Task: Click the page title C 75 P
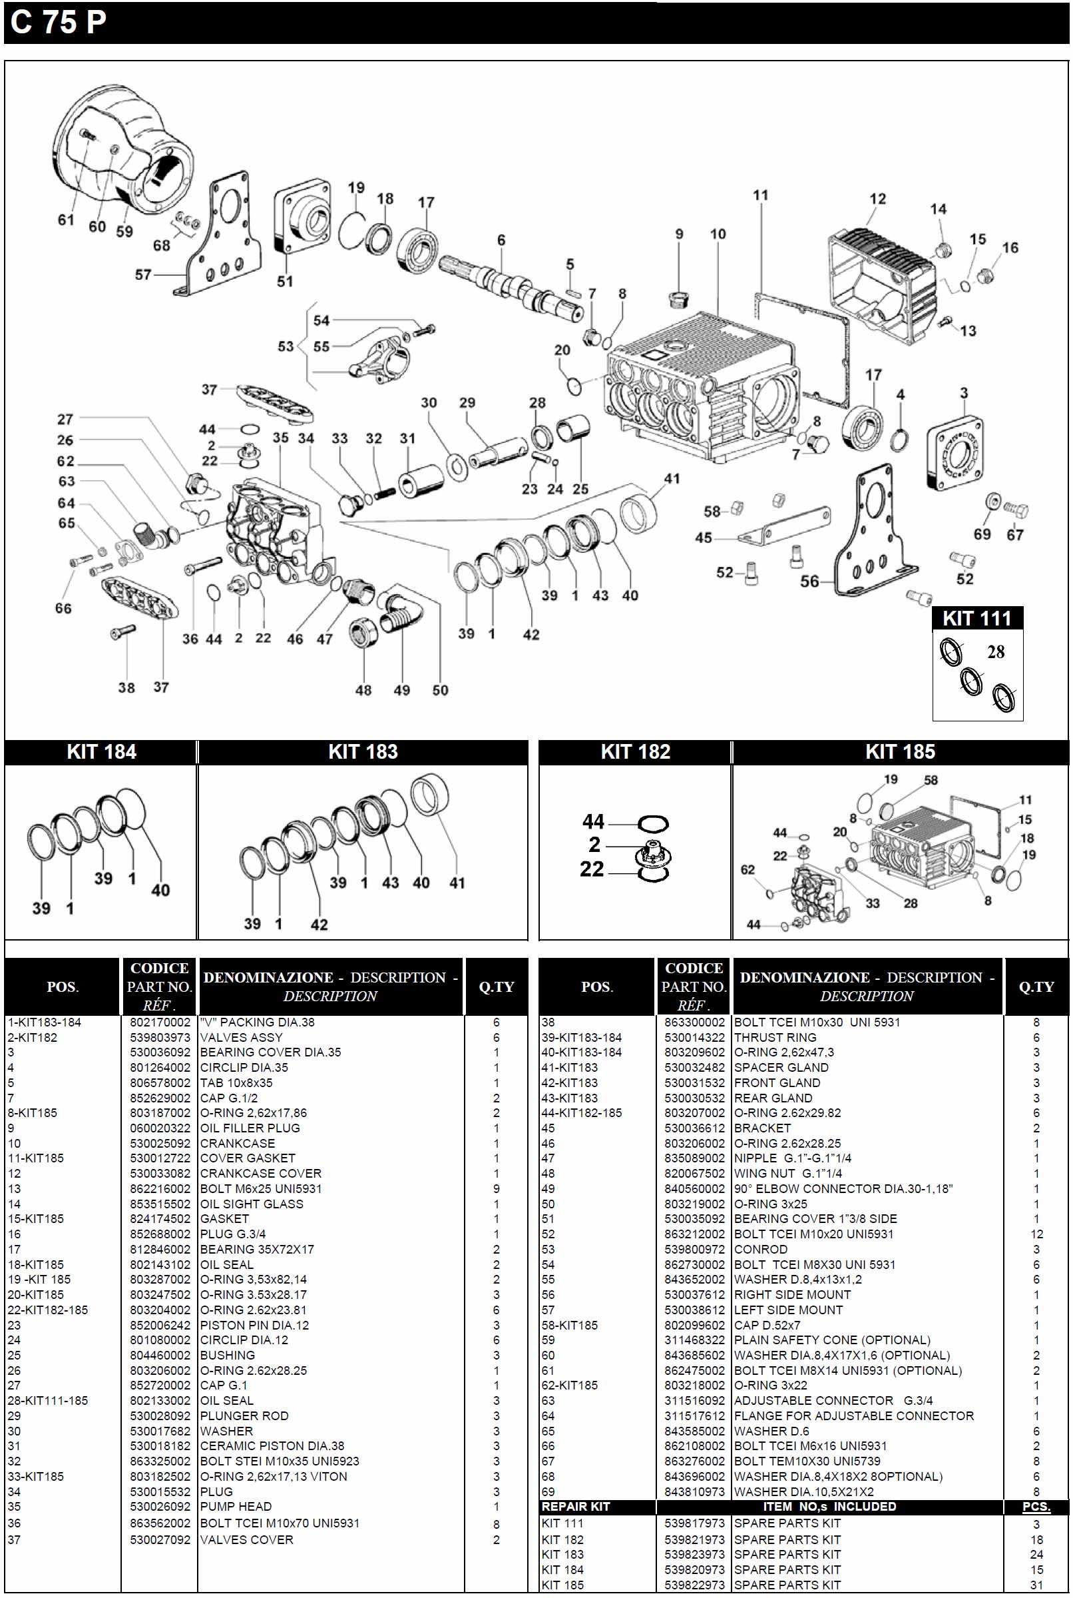click(x=59, y=23)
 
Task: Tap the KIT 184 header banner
click(x=101, y=752)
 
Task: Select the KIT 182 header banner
click(x=635, y=752)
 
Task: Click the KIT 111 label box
click(x=977, y=618)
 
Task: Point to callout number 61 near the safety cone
click(x=66, y=220)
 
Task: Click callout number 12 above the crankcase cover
click(x=877, y=199)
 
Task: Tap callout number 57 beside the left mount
click(x=142, y=274)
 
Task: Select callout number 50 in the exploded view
click(x=440, y=690)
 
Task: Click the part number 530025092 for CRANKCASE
click(x=160, y=1144)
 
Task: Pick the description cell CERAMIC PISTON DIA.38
click(x=272, y=1446)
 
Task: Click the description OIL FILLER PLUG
click(x=250, y=1128)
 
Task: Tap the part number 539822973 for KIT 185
click(x=694, y=1585)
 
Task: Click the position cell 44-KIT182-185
click(x=582, y=1113)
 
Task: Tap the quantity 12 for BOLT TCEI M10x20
click(x=1036, y=1234)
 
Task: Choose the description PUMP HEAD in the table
click(x=236, y=1506)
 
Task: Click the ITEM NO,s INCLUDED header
click(x=829, y=1507)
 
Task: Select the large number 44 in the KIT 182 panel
click(x=593, y=821)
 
